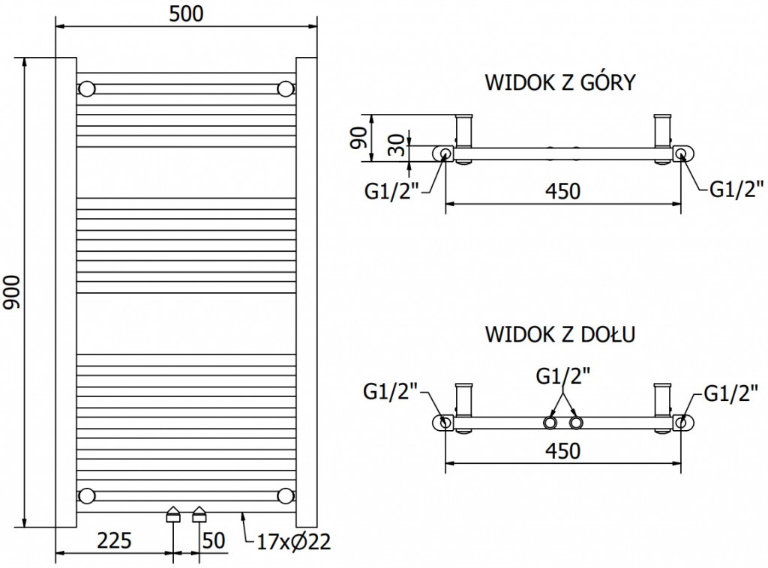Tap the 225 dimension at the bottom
point(115,540)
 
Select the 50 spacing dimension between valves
point(214,540)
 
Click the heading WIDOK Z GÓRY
point(560,82)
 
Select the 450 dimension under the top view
point(562,191)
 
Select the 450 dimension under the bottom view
point(562,451)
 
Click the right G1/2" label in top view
point(736,187)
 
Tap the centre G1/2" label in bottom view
point(562,375)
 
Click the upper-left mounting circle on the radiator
point(87,88)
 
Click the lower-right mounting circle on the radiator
point(285,495)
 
